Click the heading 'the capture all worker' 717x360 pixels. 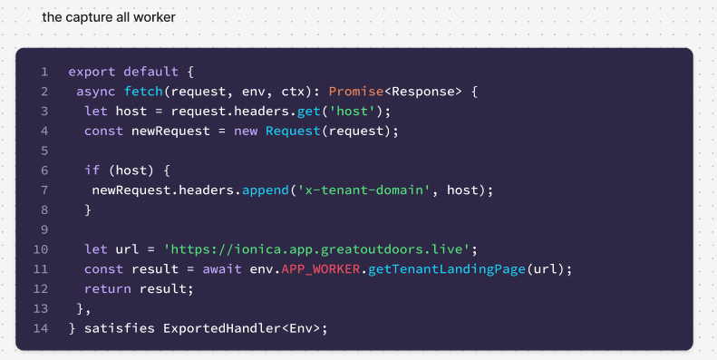(x=109, y=17)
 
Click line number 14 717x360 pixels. (x=41, y=327)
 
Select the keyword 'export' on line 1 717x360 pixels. (x=92, y=72)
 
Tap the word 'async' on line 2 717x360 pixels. (x=96, y=92)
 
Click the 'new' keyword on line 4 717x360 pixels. (x=247, y=131)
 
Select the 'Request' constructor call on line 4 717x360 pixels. (x=293, y=131)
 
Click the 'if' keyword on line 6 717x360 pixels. (x=92, y=170)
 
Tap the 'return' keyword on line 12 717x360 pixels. (x=108, y=288)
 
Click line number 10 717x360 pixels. (x=41, y=248)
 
